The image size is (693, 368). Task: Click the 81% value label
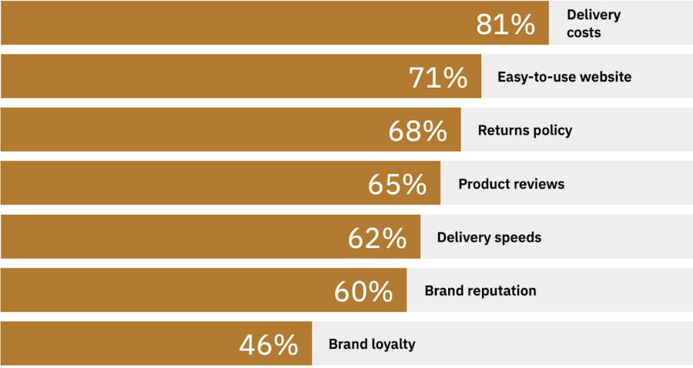coord(506,24)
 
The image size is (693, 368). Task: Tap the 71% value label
coord(438,78)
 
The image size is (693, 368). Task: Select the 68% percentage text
coord(417,131)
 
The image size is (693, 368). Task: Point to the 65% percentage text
coord(397,184)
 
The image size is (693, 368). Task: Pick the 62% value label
coord(377,238)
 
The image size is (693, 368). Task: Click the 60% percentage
coord(363,292)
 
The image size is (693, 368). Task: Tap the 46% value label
coord(269,345)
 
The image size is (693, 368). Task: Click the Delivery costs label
coord(594,23)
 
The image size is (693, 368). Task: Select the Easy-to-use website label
coord(564,77)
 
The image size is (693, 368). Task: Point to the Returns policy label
coord(525,130)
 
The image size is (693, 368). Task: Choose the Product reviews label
coord(511,184)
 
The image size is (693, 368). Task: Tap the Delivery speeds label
coord(489,238)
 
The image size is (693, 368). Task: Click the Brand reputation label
coord(480,291)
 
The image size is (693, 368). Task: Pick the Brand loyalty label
coord(372,344)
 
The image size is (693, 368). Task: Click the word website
coord(605,77)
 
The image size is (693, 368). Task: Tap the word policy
coord(551,130)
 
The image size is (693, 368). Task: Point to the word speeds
coord(517,238)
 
